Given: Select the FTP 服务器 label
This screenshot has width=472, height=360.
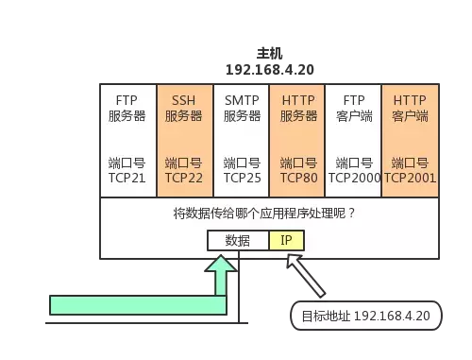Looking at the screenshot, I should pos(126,108).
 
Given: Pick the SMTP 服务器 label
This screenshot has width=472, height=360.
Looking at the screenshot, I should pos(242,108).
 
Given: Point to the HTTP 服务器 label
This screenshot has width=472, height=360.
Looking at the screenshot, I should pos(298,108).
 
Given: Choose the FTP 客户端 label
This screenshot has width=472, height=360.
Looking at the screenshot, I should pos(353,108).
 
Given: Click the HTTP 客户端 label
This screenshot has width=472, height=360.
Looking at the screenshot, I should pos(410,108).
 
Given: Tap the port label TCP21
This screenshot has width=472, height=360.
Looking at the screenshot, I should pos(126,177).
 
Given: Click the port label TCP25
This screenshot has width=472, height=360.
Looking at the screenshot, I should pos(242,177).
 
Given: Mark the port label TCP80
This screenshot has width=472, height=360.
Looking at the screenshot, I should pos(298,177).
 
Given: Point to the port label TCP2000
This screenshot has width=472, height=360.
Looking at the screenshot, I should pos(354,177).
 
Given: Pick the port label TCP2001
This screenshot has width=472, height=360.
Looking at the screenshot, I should pos(410,177).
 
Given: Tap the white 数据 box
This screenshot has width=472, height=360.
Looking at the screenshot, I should pos(238,240).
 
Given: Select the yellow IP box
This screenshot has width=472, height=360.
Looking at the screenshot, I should pos(286,240).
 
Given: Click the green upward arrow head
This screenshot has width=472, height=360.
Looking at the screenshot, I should pos(224,269).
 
